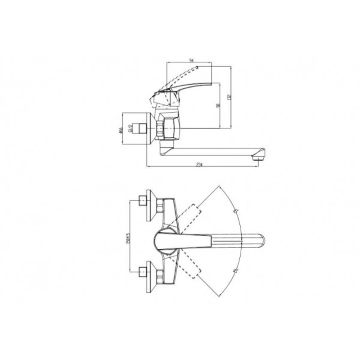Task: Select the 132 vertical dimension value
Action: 229,97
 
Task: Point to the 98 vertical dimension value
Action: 217,105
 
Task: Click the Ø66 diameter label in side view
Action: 121,130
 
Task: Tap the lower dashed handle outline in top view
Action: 190,265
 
